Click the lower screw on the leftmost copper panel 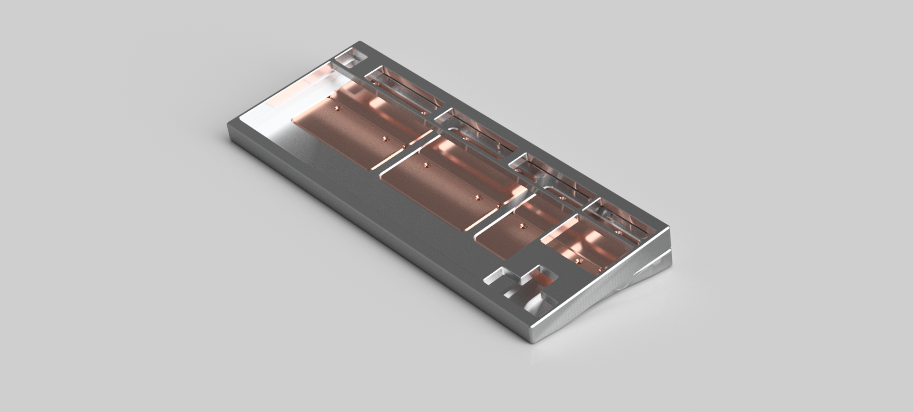385,139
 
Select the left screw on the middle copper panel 426,165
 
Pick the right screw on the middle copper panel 477,196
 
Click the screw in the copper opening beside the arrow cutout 579,261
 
